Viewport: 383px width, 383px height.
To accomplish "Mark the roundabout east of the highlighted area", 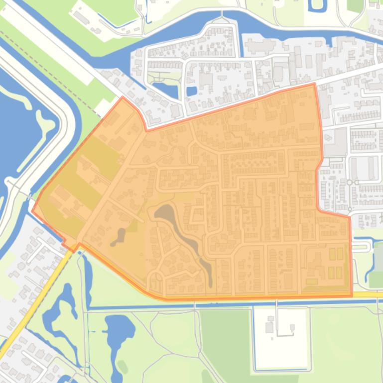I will point(350,183).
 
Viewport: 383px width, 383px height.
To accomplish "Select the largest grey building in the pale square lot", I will point(269,327).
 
